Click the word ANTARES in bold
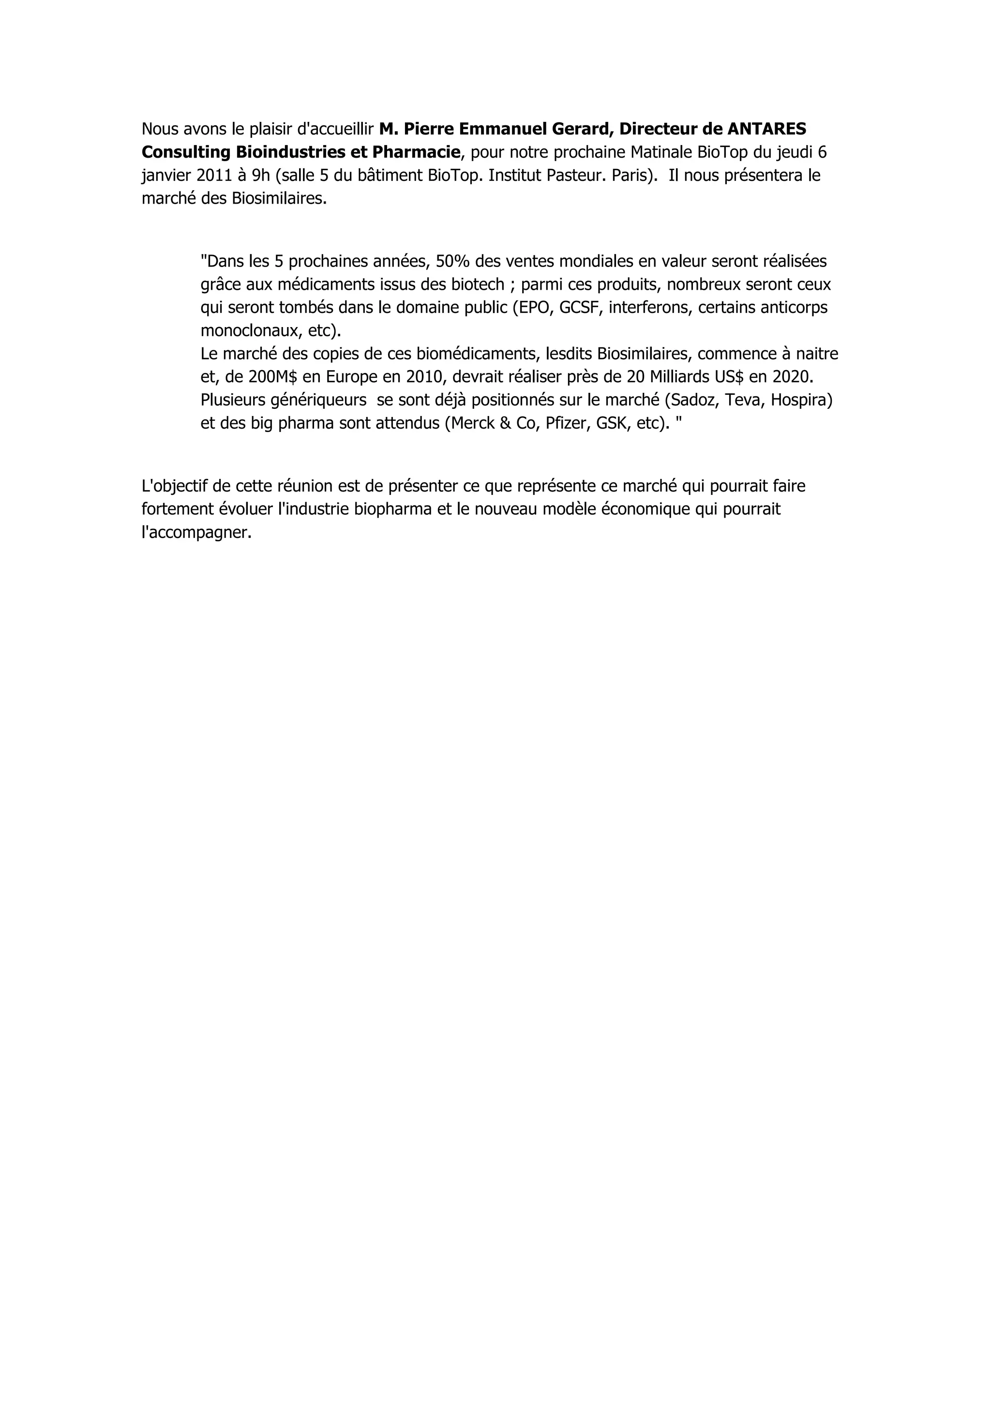[x=767, y=129]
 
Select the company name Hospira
[x=801, y=401]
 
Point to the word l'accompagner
[x=196, y=533]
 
